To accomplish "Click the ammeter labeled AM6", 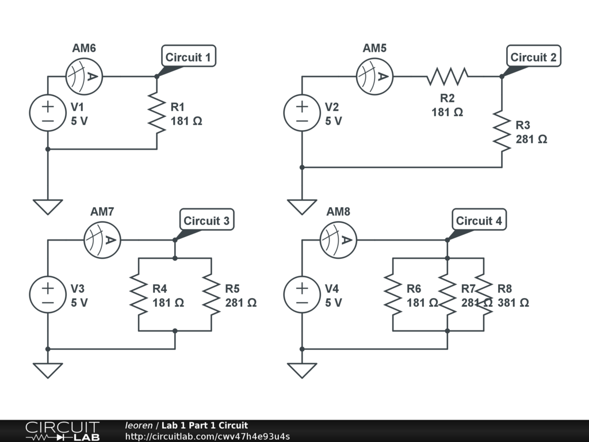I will pos(84,76).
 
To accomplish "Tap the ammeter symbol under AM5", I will pos(374,76).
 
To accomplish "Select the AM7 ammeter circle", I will pos(102,239).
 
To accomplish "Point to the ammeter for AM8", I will pos(338,239).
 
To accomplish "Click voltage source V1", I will pos(48,113).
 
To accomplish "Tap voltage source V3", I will pos(48,294).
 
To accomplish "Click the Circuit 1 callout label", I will pos(188,57).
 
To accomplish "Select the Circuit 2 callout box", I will pos(533,57).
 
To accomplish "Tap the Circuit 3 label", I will pos(206,220).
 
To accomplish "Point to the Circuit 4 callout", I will pos(479,220).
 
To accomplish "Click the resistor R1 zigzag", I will pos(156,113).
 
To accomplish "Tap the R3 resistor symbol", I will pos(502,131).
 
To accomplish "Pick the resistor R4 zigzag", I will pos(139,294).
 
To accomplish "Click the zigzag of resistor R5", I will pos(212,294).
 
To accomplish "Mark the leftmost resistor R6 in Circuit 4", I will pos(393,294).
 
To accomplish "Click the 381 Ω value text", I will pos(513,303).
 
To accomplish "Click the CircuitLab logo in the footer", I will pos(62,431).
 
